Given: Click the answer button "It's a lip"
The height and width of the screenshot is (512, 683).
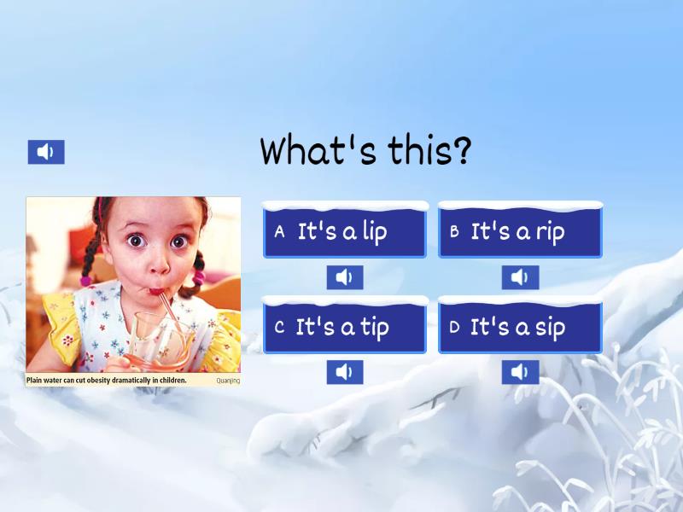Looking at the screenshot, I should pyautogui.click(x=344, y=231).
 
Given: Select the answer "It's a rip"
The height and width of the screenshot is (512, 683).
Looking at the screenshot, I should pyautogui.click(x=519, y=231).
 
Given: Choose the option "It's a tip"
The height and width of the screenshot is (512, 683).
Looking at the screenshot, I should pyautogui.click(x=344, y=327).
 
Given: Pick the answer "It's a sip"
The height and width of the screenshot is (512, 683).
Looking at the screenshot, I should pyautogui.click(x=519, y=327).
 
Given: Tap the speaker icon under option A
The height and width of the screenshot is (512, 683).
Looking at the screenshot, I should pyautogui.click(x=344, y=277).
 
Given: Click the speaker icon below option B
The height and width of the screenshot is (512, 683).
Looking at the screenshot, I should pyautogui.click(x=520, y=277).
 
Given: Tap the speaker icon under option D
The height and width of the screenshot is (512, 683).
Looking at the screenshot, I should pyautogui.click(x=520, y=372).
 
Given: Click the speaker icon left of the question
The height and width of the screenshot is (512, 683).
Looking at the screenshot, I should pyautogui.click(x=46, y=152).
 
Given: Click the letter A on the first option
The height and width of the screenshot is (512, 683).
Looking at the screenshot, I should pyautogui.click(x=279, y=232).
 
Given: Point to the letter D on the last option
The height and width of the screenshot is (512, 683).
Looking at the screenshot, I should pyautogui.click(x=454, y=327).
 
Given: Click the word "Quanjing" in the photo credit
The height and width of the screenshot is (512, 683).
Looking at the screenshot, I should pyautogui.click(x=228, y=381).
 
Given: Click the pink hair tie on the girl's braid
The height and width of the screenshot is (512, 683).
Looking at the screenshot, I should pyautogui.click(x=198, y=277).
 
